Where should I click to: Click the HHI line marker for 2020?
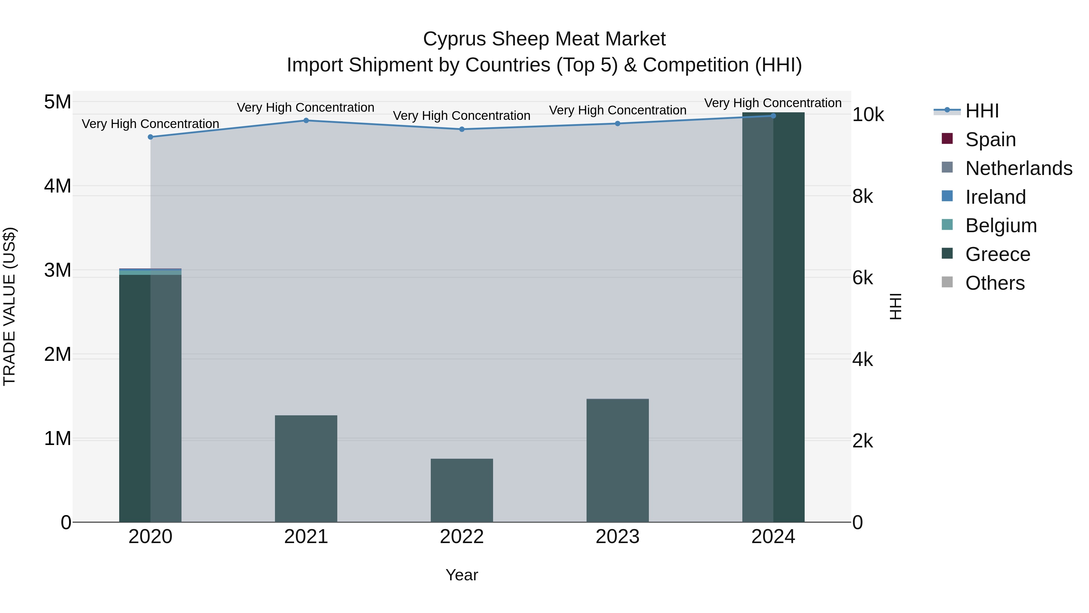[151, 137]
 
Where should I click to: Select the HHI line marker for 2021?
[306, 120]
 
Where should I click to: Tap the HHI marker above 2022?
[462, 130]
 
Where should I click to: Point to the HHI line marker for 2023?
[618, 124]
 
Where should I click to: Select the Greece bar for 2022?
[462, 490]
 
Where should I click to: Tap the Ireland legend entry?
[995, 197]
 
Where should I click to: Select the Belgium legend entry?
[1001, 226]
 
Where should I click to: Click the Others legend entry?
[995, 283]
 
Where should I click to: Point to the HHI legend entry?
[982, 111]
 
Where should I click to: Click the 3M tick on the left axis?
[57, 270]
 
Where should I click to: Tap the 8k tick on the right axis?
[862, 196]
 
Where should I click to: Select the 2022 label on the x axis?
[462, 537]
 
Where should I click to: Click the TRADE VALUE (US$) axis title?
[9, 306]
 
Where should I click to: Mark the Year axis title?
[462, 575]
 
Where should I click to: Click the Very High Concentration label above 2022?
[462, 116]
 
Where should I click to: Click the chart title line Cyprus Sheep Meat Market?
[544, 39]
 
